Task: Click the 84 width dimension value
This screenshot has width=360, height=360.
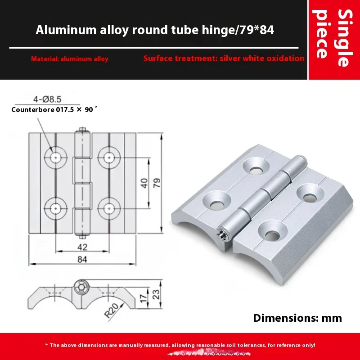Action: (x=82, y=259)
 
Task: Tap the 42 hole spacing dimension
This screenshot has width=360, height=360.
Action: (x=82, y=246)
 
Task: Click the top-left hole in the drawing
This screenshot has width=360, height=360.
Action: (x=55, y=157)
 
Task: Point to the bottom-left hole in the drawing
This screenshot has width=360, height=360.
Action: (x=55, y=208)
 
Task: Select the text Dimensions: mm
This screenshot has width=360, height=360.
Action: (x=297, y=318)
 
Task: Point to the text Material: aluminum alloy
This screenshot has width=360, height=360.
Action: (x=70, y=59)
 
